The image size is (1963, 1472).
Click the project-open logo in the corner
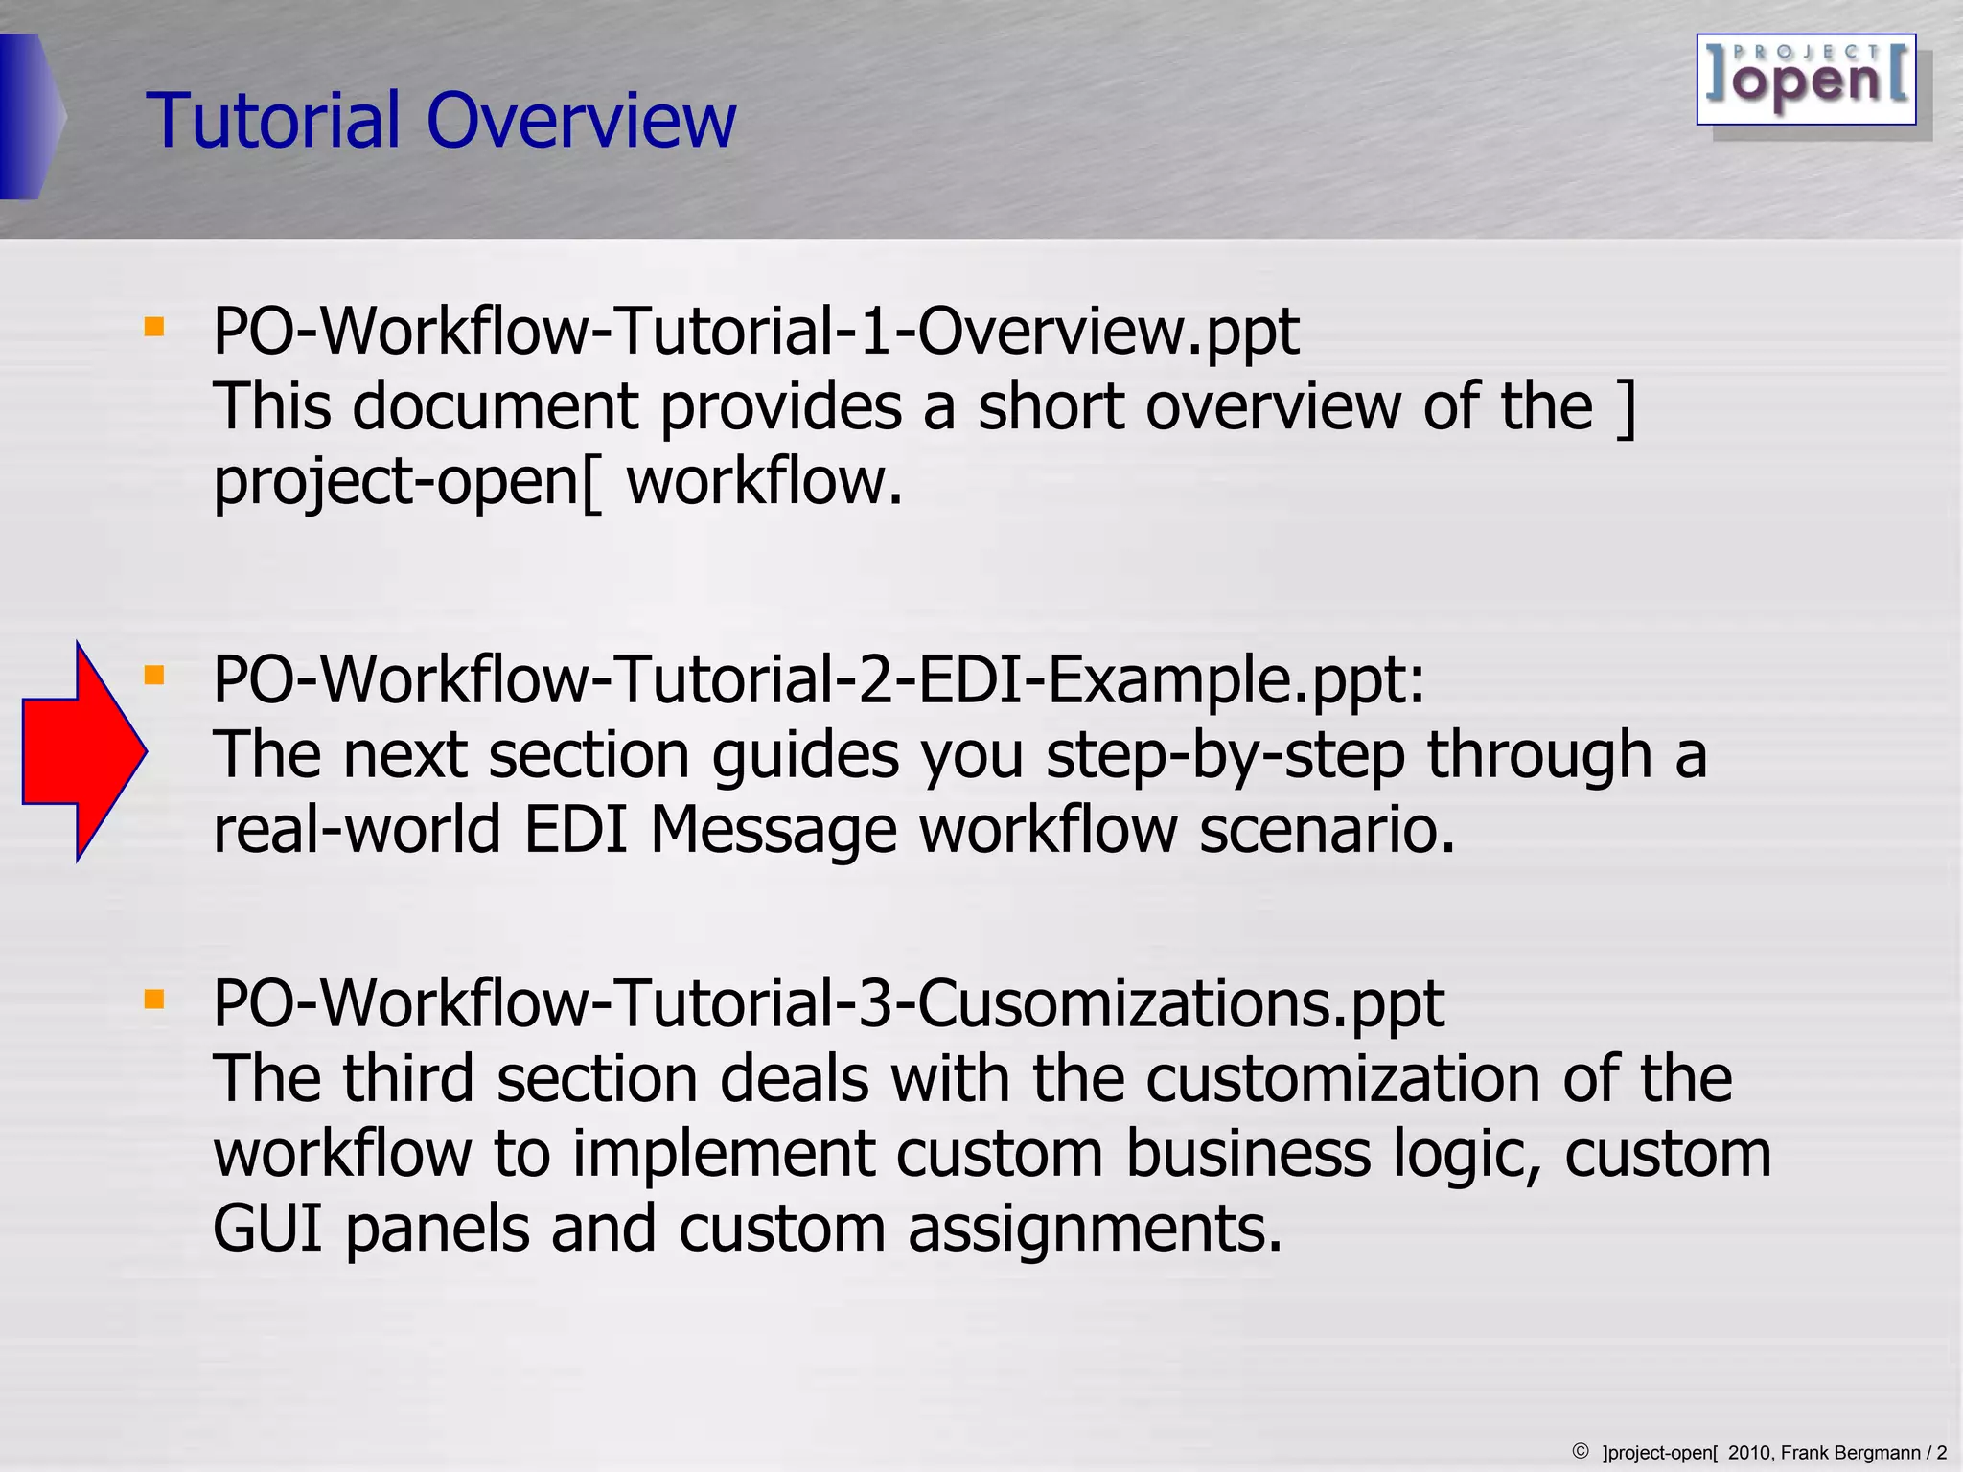1806,80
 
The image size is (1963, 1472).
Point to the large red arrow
84,751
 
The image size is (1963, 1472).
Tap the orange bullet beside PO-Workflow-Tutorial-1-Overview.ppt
153,328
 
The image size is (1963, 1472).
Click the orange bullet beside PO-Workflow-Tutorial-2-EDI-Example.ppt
153,677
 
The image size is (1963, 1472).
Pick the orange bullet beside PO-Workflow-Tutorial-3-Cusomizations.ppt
153,1000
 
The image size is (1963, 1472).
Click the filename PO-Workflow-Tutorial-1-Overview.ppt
755,332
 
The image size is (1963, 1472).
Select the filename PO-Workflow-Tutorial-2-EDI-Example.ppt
819,680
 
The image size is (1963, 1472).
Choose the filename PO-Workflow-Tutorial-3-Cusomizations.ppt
828,1004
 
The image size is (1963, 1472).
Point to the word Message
773,830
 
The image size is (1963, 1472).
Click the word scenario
1327,830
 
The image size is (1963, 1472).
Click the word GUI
266,1229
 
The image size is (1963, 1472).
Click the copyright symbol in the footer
1581,1451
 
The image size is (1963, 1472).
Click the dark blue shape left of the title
29,117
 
